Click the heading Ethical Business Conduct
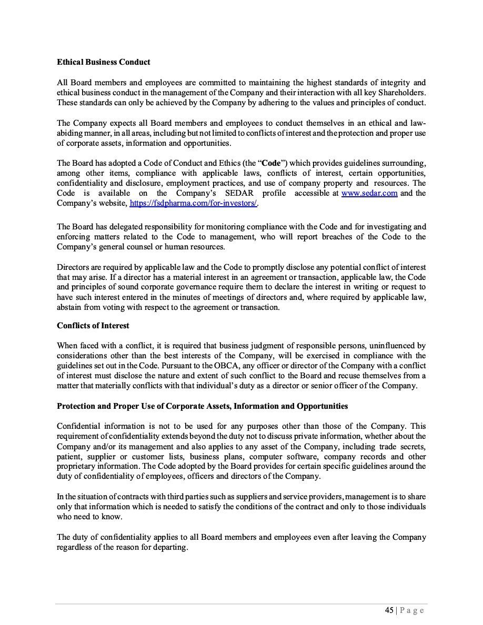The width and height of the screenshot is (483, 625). coord(103,62)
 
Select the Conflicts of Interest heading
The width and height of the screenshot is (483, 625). coord(93,326)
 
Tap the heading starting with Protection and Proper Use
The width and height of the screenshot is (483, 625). coord(202,406)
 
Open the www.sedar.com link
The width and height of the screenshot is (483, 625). coord(369,193)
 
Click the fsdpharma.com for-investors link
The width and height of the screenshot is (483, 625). coord(193,203)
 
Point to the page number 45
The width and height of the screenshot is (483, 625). coord(389,610)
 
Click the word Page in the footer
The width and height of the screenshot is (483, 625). coord(412,610)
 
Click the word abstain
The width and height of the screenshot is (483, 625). coord(68,307)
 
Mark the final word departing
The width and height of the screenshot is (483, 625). coord(172,547)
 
